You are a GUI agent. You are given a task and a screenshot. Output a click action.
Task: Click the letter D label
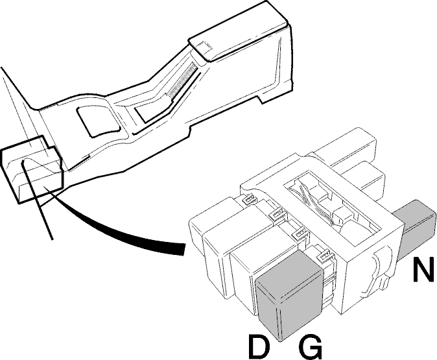click(259, 347)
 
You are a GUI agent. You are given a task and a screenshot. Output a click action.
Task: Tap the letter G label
click(310, 348)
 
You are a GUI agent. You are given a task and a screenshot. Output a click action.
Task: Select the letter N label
click(423, 269)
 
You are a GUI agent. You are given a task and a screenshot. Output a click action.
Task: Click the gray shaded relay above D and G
click(289, 296)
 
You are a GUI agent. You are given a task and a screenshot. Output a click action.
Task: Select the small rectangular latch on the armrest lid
click(204, 46)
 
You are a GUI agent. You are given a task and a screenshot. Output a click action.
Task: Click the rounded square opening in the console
click(99, 121)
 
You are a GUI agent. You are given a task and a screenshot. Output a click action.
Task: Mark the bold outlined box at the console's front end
click(32, 169)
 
